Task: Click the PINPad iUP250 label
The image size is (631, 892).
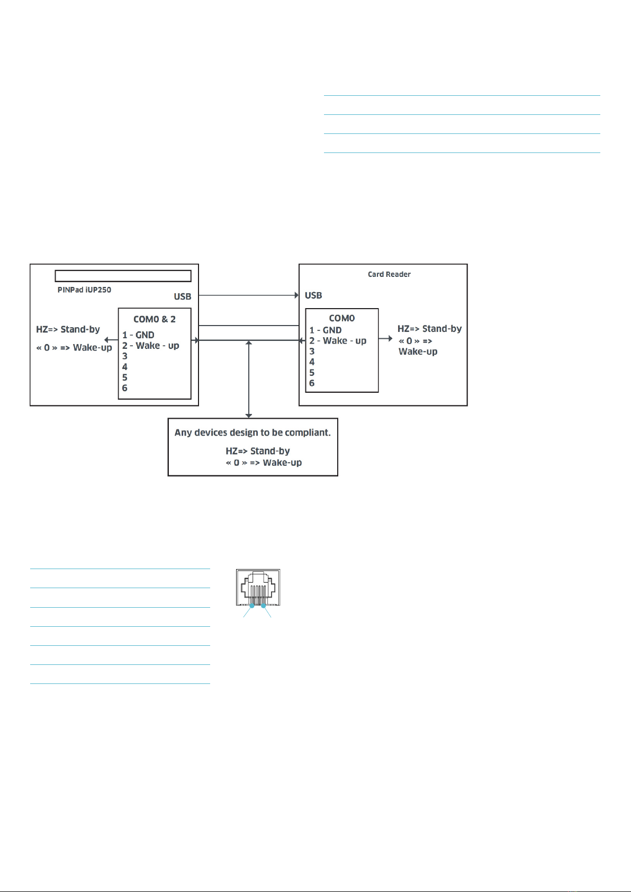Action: point(84,290)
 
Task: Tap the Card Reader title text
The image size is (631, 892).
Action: point(389,274)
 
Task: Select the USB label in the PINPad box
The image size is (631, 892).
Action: point(183,296)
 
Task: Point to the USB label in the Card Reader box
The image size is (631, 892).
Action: point(313,295)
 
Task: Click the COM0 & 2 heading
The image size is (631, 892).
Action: point(155,319)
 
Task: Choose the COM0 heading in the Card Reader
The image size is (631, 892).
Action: point(342,318)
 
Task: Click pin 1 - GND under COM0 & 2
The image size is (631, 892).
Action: point(138,335)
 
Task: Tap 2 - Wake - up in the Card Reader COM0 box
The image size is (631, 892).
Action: point(338,341)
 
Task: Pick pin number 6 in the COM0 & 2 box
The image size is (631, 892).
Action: point(125,388)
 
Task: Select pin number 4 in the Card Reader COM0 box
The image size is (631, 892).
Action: point(312,362)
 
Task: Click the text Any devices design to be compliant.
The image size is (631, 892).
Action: point(253,433)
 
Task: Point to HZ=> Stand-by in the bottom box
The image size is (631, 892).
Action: point(258,451)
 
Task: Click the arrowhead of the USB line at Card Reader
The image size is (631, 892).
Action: point(296,295)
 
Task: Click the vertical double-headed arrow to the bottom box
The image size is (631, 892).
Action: point(249,379)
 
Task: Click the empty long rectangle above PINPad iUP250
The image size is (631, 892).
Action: point(123,276)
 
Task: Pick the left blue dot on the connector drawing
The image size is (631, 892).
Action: point(252,606)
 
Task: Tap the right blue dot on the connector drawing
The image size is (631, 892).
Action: point(263,606)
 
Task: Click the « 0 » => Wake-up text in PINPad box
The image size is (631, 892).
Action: point(74,348)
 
